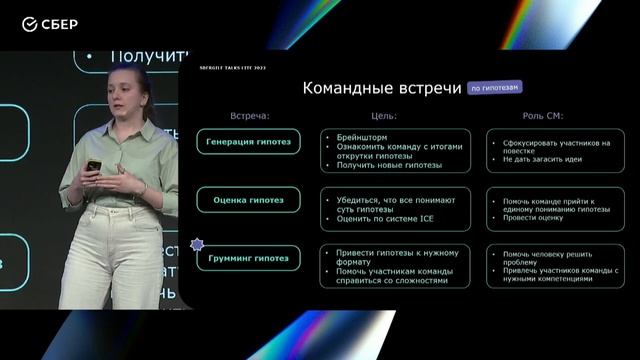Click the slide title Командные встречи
(x=381, y=88)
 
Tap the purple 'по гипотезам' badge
(x=495, y=88)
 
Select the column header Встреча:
(x=250, y=116)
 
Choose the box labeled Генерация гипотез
(x=249, y=142)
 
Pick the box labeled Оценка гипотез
(x=249, y=200)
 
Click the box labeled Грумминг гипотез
(x=249, y=258)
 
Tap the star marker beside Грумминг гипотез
(x=196, y=243)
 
